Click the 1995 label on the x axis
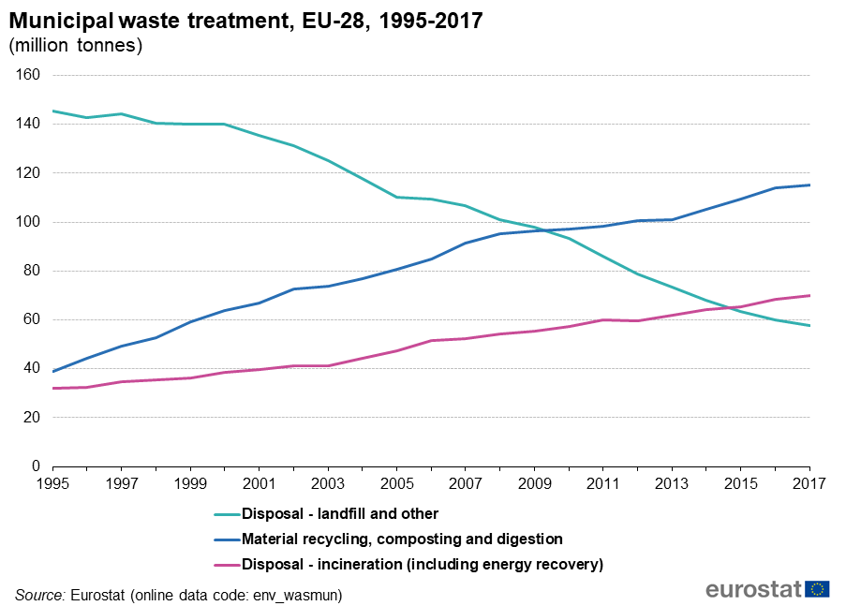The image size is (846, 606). click(52, 484)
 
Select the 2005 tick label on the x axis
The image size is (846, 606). click(396, 484)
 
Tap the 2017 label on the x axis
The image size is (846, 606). click(809, 484)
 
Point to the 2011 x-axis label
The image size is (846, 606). click(602, 484)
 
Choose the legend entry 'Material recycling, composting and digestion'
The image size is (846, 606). click(402, 539)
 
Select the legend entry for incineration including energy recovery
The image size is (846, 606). click(422, 564)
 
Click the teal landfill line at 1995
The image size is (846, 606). click(53, 111)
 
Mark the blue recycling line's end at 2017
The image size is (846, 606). click(809, 185)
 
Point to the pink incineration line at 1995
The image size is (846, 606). click(53, 388)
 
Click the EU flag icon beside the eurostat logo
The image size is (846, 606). click(817, 588)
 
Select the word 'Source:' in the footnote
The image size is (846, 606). click(39, 595)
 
